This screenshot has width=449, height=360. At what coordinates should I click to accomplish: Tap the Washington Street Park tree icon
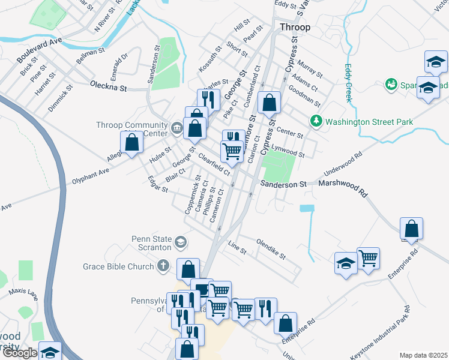[x=316, y=122]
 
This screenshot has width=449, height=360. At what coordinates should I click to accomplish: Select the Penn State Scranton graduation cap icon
[x=179, y=243]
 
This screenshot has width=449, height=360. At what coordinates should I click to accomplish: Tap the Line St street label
[x=237, y=248]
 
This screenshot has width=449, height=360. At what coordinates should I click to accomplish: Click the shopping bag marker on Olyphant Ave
[x=131, y=143]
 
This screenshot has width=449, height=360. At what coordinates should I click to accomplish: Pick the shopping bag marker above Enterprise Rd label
[x=411, y=229]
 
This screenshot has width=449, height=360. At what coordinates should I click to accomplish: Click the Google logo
[x=19, y=353]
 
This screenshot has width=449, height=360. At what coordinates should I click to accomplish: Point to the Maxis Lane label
[x=23, y=292]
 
